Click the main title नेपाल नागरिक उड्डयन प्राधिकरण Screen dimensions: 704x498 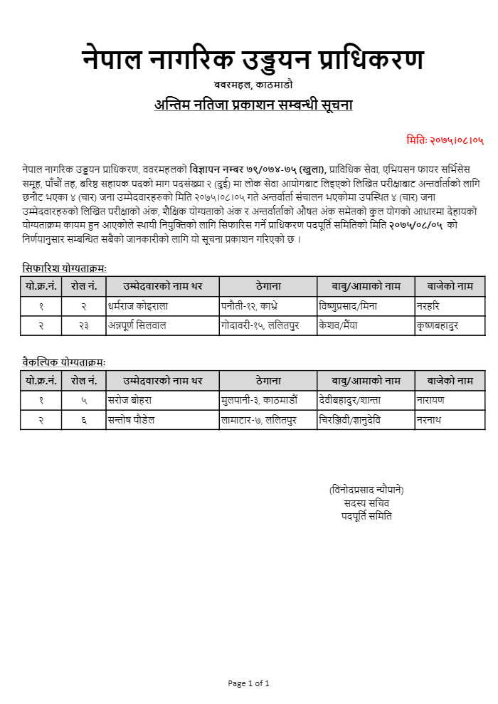pos(253,60)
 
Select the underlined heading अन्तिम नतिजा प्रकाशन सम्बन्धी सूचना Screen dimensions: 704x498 pos(253,105)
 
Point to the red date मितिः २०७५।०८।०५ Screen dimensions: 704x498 pos(445,140)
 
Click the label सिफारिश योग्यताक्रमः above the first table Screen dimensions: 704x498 pos(64,268)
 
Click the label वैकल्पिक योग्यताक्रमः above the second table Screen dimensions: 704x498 pos(64,362)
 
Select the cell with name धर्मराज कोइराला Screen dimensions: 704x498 pos(139,306)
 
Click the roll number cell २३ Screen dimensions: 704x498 pos(84,326)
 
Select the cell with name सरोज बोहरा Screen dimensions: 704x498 pos(130,400)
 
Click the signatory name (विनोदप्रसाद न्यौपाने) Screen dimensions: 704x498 pos(366,490)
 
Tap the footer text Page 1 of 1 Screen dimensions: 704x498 pos(249,683)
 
